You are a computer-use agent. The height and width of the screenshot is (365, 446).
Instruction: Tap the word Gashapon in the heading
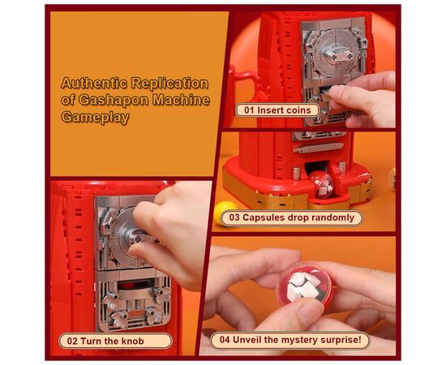coord(114,100)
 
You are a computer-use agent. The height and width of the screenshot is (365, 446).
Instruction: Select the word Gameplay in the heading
coord(96,118)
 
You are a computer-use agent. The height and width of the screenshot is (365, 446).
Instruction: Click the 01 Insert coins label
coord(277,110)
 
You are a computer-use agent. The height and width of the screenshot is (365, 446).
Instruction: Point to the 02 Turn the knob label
coord(115,341)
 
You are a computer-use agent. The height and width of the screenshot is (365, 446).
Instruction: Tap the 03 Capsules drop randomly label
coord(292,218)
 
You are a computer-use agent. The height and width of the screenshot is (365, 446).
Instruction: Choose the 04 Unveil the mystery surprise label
coord(290,340)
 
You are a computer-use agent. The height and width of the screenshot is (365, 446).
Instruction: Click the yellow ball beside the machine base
coord(224,213)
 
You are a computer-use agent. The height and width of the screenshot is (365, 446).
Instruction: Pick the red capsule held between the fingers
coord(305,287)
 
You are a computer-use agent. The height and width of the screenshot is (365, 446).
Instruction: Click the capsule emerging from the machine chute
coord(322,184)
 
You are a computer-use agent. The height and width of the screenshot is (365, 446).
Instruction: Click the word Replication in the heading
coord(169,84)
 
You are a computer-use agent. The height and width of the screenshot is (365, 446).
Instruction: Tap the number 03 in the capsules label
coord(234,218)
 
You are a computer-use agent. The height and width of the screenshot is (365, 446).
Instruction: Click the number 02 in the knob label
coord(72,341)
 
